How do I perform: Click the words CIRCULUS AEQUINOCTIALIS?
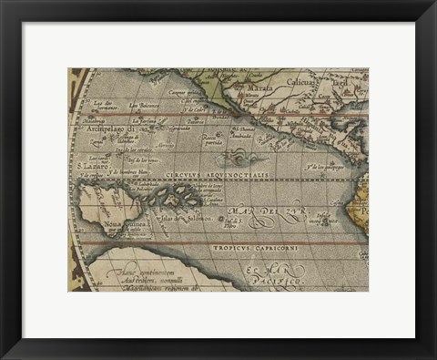pos(217,174)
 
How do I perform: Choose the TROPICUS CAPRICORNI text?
pos(256,247)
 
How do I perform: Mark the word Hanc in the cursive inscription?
pos(118,270)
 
